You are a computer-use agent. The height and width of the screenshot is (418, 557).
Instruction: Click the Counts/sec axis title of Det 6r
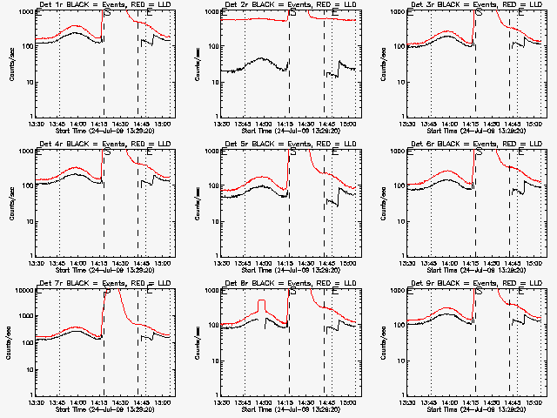click(384, 202)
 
